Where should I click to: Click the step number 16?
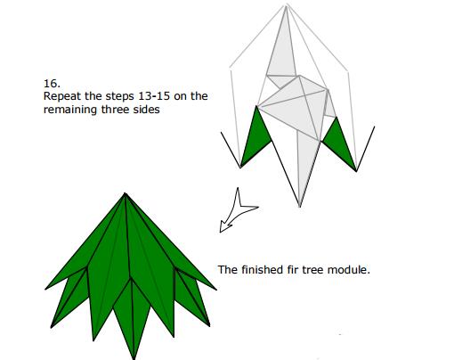52,84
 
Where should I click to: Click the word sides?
146,110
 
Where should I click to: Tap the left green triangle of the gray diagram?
255,136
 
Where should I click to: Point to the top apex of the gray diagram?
287,5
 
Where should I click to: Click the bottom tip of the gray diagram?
300,207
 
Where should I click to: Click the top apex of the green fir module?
125,193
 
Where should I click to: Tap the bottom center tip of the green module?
134,359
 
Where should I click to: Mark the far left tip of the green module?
45,289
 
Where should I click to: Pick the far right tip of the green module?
216,290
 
